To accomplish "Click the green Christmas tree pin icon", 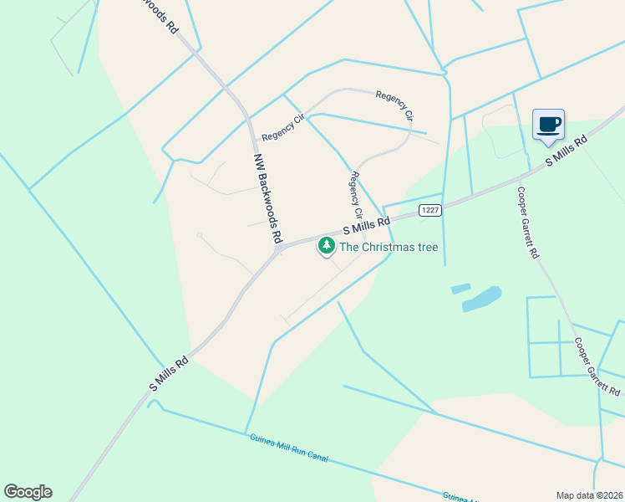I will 326,246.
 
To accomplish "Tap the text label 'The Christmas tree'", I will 388,247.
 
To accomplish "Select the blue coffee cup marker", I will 548,125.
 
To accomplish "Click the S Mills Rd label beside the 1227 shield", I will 366,226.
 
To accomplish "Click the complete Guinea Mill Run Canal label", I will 288,448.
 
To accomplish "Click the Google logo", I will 28,492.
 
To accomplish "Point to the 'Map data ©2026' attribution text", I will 589,494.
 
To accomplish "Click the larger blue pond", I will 482,300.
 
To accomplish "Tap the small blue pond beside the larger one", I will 460,289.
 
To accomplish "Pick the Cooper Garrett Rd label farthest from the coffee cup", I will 597,367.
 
